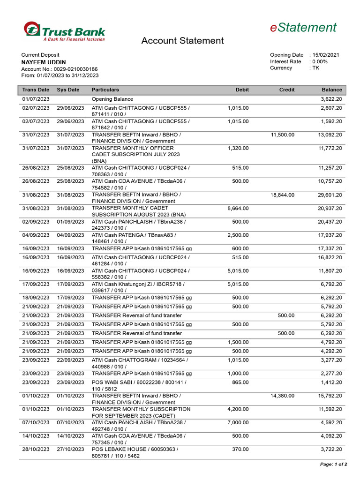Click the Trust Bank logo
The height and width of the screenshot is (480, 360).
[65, 32]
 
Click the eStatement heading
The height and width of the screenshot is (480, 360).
[303, 28]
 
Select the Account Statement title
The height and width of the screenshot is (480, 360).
[182, 41]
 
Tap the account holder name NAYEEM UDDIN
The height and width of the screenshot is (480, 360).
[44, 62]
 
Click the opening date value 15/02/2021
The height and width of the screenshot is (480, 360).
[326, 55]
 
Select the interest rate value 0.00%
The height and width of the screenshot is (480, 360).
[320, 61]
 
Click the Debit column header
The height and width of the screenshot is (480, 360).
[242, 90]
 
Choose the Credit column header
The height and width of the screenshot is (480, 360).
[286, 90]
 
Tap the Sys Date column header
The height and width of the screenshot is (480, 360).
[68, 90]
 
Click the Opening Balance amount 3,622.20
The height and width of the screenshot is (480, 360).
[331, 99]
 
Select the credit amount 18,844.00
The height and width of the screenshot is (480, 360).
[283, 195]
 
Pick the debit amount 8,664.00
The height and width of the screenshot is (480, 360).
[238, 208]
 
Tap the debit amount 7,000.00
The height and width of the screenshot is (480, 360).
[238, 422]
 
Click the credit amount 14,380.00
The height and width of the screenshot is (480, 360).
[283, 396]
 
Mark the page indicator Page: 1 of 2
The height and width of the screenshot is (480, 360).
[333, 465]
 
